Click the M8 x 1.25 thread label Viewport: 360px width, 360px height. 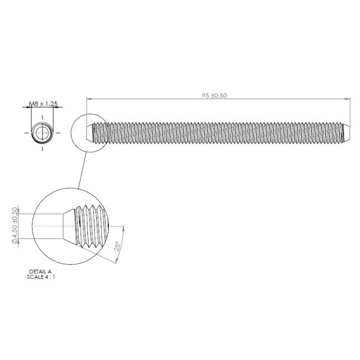point(43,104)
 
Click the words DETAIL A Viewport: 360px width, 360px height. point(40,271)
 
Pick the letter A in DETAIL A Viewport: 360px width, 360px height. point(50,271)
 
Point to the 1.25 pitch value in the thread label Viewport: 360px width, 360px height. point(51,104)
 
